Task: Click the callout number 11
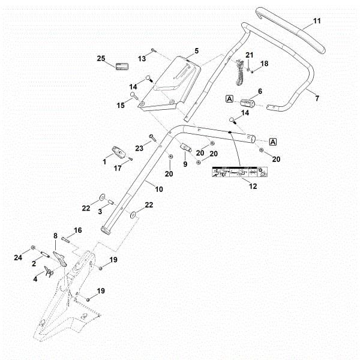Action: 317,21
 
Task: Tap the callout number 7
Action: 317,97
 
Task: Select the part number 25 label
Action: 101,58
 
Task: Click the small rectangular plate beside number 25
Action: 122,65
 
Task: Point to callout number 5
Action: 196,51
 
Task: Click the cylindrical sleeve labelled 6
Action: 248,106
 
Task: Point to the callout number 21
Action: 250,56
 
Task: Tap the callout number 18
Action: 264,64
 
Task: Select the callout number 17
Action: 118,169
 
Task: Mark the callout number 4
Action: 35,278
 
